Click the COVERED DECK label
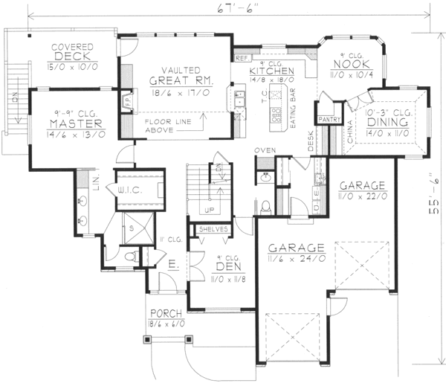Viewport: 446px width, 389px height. pos(71,54)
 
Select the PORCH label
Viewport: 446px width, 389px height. pos(164,313)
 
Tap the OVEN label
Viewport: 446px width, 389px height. pos(265,150)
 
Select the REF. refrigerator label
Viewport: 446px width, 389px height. pos(241,58)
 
